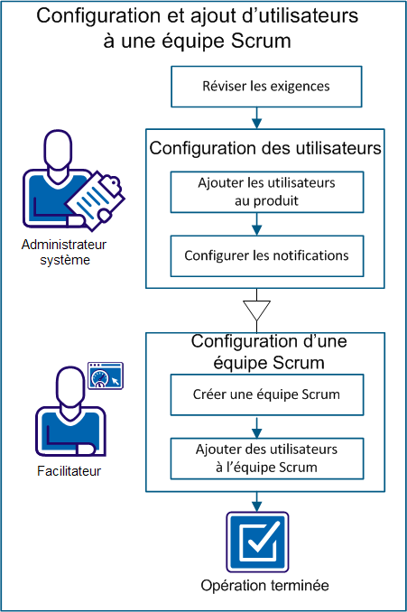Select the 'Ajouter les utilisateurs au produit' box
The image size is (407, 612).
(266, 191)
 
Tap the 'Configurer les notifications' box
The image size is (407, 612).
(266, 255)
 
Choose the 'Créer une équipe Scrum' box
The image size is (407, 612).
(266, 394)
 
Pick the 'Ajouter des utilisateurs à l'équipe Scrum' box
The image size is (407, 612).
(266, 459)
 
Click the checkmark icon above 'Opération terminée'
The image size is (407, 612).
(258, 542)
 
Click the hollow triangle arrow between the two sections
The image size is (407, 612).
(258, 310)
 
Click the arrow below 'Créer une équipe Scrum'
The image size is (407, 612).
(258, 426)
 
